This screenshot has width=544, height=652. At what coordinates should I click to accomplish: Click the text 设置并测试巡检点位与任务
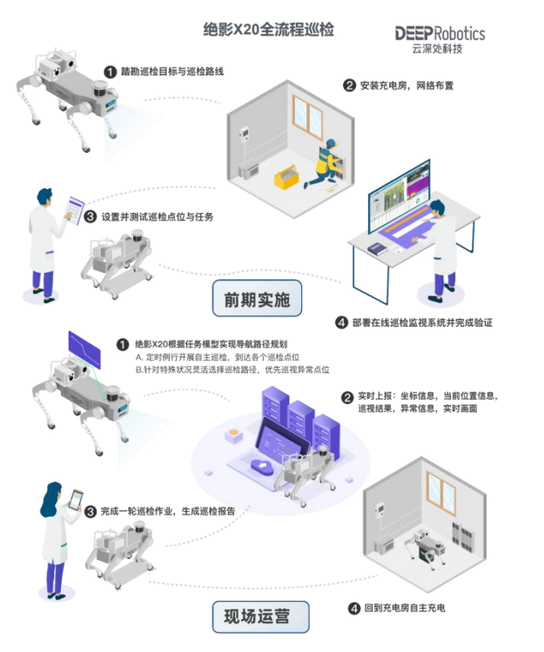[x=164, y=216]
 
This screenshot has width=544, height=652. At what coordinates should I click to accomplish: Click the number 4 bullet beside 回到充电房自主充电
[x=354, y=608]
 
